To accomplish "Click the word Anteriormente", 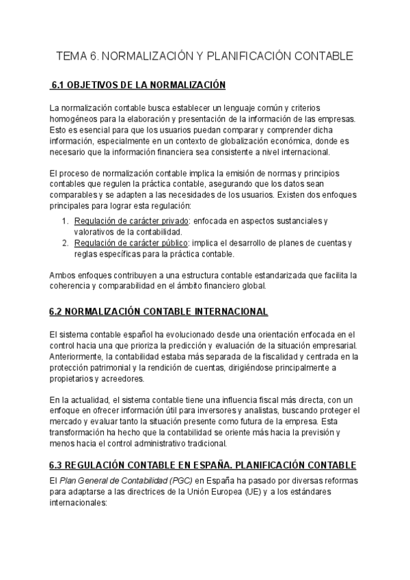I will pyautogui.click(x=77, y=356).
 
